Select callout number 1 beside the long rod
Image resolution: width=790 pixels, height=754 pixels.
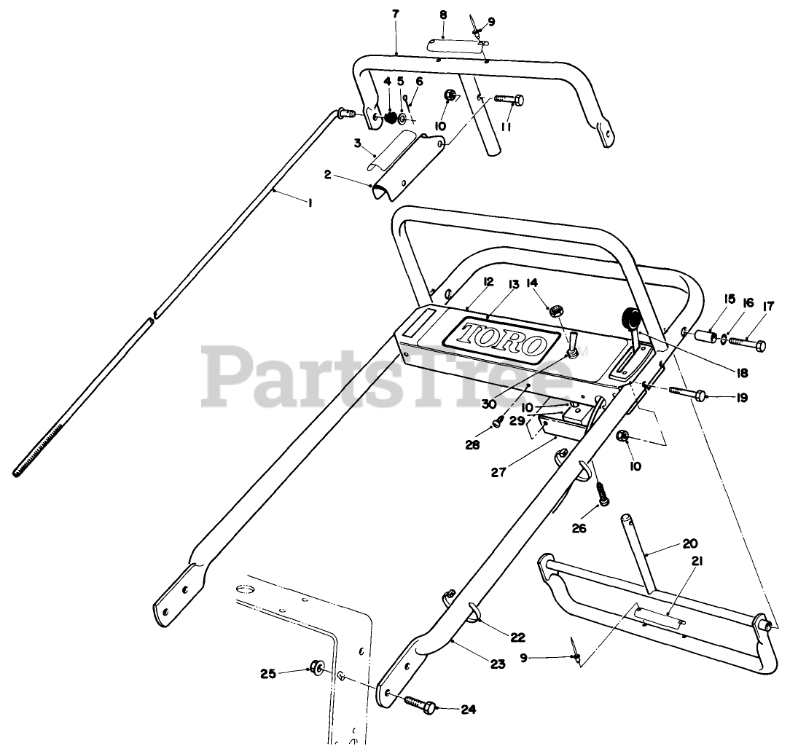(310, 204)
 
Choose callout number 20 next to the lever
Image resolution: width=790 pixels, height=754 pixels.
(691, 543)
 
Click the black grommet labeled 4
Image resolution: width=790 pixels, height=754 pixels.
(391, 117)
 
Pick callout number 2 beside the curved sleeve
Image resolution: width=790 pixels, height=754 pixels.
(328, 175)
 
